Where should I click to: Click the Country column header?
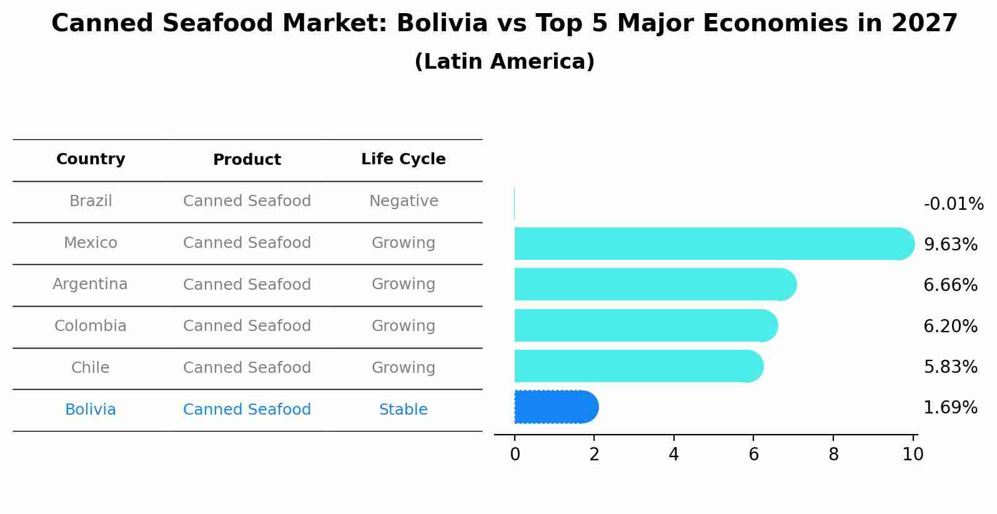pos(91,159)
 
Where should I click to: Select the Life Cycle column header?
pos(403,159)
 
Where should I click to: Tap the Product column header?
pos(247,160)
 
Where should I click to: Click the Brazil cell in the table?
pos(91,201)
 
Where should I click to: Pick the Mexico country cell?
pos(91,243)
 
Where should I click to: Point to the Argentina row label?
pos(90,284)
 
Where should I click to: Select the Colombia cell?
pos(91,326)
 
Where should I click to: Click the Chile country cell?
pos(91,368)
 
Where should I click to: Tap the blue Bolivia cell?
pos(91,410)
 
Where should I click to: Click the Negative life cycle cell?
pos(404,201)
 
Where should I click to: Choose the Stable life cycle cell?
pos(404,410)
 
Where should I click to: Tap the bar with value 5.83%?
pos(637,366)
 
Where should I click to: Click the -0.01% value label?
pos(953,204)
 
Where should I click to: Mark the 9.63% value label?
pos(950,245)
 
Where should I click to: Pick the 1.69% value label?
pos(950,408)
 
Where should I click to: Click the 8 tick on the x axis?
pos(833,455)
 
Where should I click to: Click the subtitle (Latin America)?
pos(504,62)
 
